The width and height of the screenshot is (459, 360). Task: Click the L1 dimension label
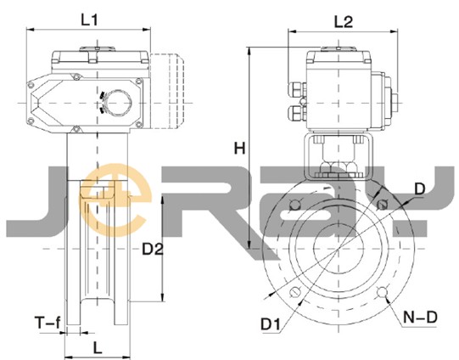pyautogui.click(x=89, y=20)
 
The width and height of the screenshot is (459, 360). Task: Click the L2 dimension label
pyautogui.click(x=344, y=22)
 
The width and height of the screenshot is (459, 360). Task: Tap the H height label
pyautogui.click(x=239, y=149)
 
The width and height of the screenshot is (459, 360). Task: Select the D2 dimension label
pyautogui.click(x=152, y=249)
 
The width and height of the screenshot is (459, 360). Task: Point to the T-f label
pyautogui.click(x=48, y=323)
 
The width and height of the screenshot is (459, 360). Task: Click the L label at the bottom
pyautogui.click(x=98, y=348)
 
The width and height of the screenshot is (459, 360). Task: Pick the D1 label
pyautogui.click(x=271, y=324)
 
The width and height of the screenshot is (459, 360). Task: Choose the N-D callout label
pyautogui.click(x=420, y=317)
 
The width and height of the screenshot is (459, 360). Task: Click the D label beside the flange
pyautogui.click(x=420, y=189)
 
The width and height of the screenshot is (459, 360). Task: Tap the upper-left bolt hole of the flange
pyautogui.click(x=295, y=205)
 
